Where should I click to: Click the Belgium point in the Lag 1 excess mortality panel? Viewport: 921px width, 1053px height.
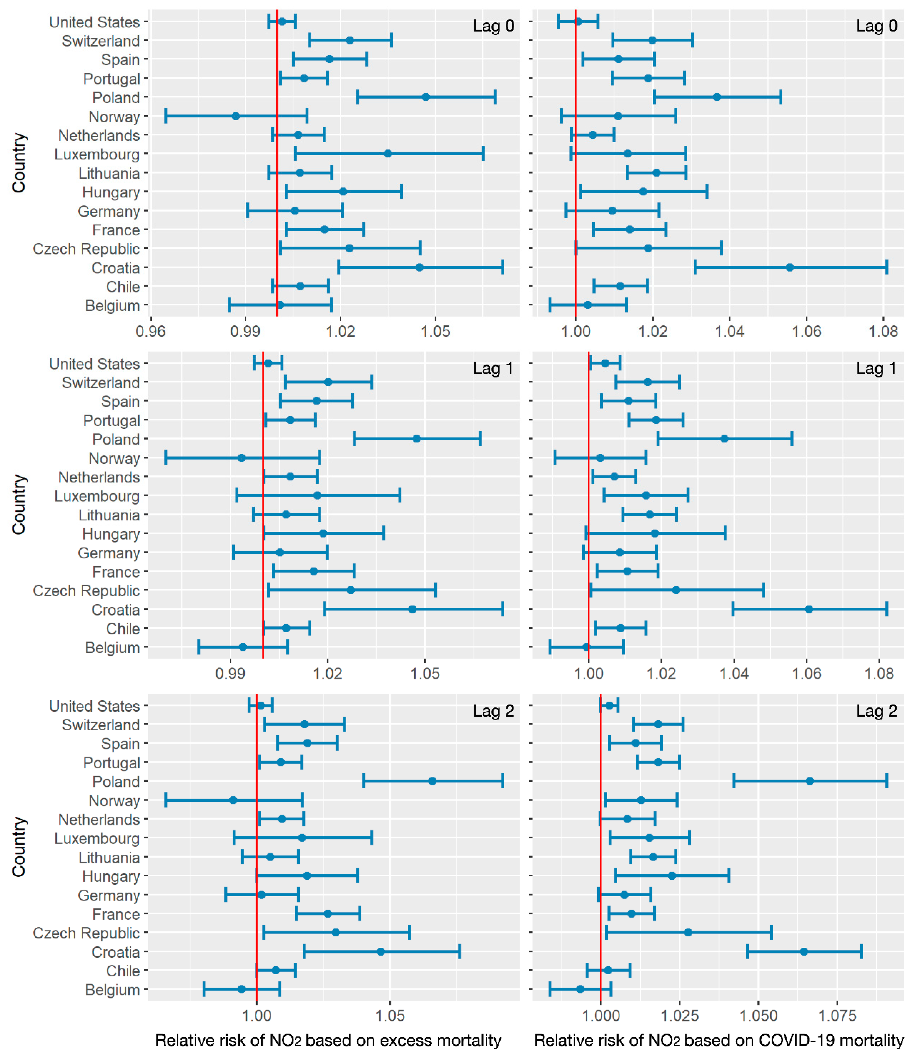point(243,647)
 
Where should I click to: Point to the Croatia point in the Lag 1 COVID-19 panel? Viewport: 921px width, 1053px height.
point(809,609)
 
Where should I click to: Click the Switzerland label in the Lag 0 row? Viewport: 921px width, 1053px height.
point(101,41)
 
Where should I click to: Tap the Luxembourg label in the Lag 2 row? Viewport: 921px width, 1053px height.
point(97,838)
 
